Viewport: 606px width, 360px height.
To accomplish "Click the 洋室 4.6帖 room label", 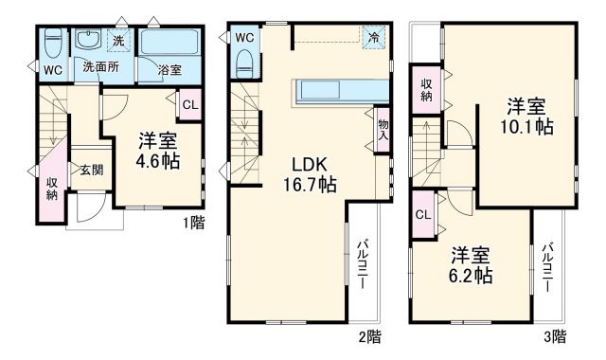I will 158,150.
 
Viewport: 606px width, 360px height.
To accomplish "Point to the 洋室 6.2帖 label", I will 471,265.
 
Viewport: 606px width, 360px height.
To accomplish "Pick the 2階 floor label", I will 369,335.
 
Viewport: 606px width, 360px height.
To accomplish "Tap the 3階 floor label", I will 555,335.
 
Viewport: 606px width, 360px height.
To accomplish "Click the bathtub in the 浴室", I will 169,43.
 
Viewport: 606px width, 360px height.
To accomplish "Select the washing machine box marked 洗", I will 118,41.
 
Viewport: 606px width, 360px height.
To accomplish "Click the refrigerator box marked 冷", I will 375,37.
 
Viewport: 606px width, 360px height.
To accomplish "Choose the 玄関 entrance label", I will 91,170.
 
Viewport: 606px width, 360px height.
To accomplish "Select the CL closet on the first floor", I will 188,104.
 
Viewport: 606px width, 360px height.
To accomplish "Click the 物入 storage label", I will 382,130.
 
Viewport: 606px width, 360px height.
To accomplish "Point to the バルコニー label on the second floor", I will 363,268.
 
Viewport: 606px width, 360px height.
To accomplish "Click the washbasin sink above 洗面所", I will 89,41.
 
